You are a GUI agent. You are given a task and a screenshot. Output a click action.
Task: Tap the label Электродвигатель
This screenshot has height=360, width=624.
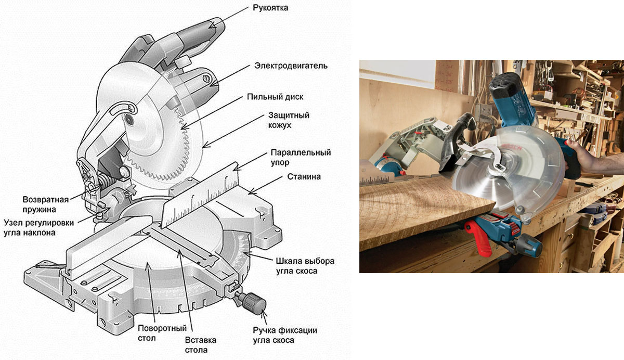[x=291, y=66]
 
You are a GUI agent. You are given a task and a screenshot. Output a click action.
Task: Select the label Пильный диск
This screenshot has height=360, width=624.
[x=282, y=97]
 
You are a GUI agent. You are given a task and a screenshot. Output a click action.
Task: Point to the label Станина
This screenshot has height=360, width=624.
[x=304, y=176]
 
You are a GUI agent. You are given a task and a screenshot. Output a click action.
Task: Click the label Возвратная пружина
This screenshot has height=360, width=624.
[x=46, y=204]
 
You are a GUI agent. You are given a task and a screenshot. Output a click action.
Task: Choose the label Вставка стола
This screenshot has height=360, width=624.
[x=200, y=344]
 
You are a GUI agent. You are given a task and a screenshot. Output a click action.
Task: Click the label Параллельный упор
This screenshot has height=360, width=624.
[x=301, y=158]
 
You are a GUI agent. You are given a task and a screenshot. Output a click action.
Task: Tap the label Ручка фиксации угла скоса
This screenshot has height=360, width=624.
[x=284, y=335]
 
